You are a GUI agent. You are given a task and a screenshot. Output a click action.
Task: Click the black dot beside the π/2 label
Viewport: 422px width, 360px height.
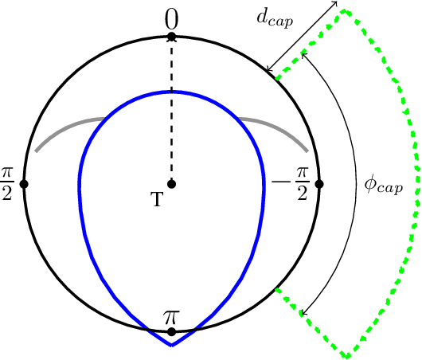24,184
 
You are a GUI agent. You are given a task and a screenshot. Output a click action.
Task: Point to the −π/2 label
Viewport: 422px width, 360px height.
292,184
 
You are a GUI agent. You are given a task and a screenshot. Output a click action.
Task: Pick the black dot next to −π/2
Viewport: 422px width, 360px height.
318,184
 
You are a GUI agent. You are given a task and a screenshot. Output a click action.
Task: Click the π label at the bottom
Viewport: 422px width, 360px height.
171,317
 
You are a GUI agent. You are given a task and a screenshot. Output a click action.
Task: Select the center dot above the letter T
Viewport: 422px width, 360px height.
171,184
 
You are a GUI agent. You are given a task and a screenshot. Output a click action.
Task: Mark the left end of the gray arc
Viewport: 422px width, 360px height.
35,151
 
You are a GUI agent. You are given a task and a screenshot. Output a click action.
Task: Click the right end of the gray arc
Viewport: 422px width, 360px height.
307,151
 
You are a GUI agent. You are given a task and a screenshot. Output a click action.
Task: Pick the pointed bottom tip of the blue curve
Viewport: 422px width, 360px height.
171,346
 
